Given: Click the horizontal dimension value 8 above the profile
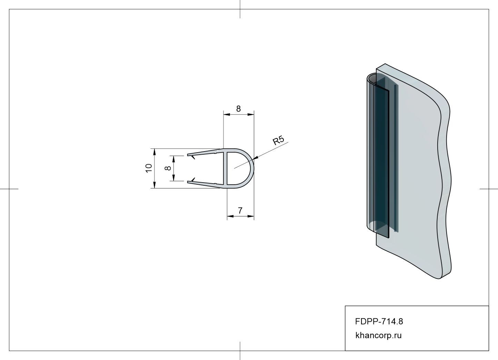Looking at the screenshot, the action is [x=238, y=109].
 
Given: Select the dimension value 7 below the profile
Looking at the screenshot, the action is [x=240, y=211].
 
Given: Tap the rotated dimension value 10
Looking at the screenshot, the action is [x=149, y=168].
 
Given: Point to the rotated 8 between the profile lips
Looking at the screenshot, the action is [x=168, y=168].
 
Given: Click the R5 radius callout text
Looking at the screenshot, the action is [x=278, y=140].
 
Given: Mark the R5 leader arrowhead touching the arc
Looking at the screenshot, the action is [x=256, y=158].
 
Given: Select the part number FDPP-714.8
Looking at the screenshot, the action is [x=379, y=321].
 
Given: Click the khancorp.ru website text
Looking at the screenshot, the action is [x=378, y=335].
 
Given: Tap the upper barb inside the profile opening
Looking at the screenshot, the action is [x=192, y=157].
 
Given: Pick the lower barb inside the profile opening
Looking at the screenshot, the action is [x=192, y=179].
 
